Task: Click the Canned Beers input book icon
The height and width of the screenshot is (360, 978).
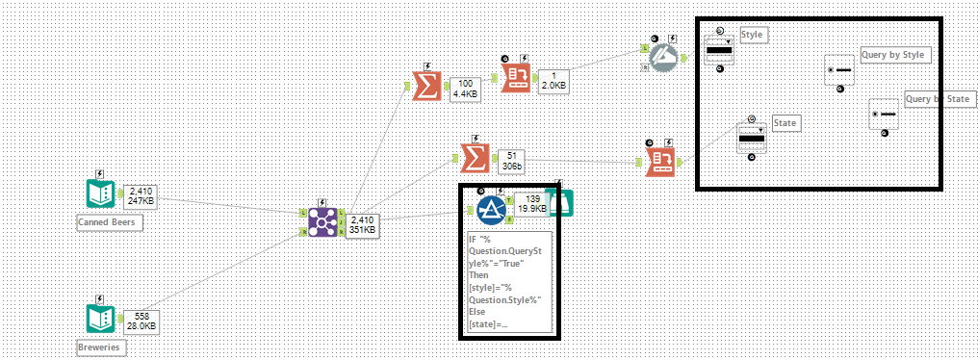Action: click(100, 195)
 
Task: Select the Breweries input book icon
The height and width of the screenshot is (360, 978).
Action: click(100, 320)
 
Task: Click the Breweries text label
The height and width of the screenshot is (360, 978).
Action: click(100, 345)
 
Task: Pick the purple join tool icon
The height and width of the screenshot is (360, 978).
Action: click(321, 223)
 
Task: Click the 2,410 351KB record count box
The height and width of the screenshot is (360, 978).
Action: click(361, 224)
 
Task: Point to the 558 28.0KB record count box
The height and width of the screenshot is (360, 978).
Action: click(141, 321)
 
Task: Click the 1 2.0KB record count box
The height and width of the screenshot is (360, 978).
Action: click(553, 80)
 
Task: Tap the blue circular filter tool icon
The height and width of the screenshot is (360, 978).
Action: click(492, 209)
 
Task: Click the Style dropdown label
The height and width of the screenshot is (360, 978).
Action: click(751, 35)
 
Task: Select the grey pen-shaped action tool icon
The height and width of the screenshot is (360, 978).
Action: click(661, 56)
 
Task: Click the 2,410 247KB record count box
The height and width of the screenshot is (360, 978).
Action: click(141, 196)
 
